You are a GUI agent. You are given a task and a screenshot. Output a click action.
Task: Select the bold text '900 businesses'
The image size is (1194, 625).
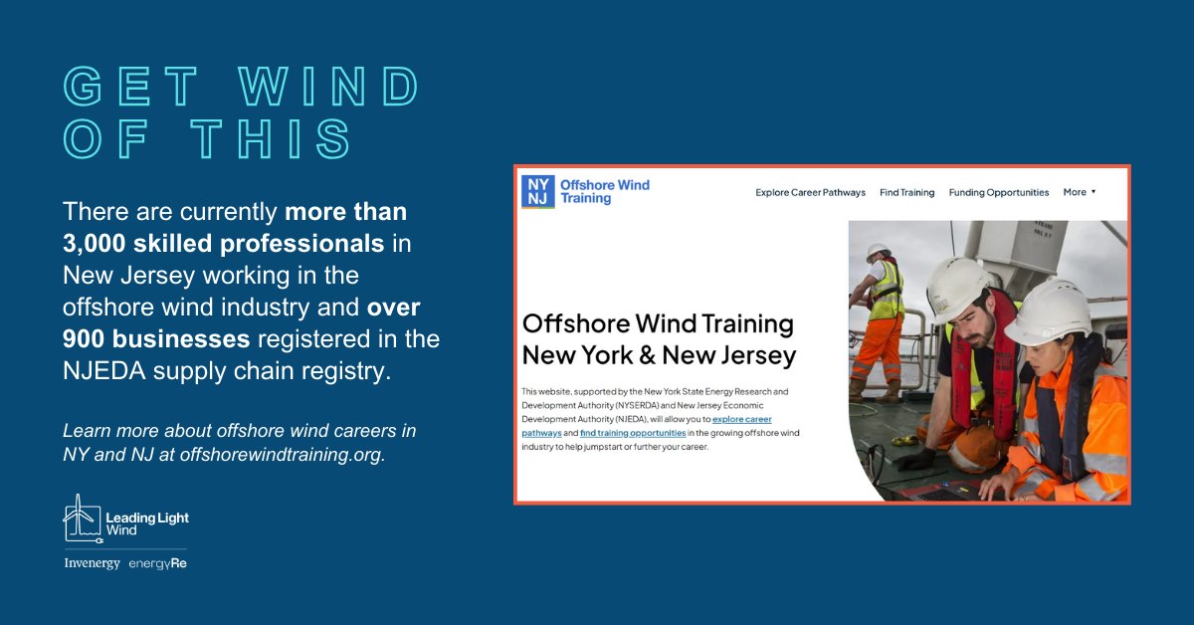[x=155, y=339]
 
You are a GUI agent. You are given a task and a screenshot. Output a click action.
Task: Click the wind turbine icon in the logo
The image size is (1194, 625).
[x=82, y=518]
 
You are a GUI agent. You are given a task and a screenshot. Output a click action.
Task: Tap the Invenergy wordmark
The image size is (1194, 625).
[x=92, y=563]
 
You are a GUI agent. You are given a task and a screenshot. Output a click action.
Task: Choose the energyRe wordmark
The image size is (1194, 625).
[x=157, y=563]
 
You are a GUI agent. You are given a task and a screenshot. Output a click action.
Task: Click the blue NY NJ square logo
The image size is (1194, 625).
[x=538, y=191]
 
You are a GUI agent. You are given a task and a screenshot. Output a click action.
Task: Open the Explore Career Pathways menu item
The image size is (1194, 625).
[x=810, y=192]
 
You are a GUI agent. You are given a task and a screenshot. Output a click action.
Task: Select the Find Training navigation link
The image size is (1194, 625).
[x=906, y=192]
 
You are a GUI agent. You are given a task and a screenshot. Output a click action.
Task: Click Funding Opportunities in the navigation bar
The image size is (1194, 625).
[x=998, y=192]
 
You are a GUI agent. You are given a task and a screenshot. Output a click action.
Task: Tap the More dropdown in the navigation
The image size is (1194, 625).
[x=1079, y=192]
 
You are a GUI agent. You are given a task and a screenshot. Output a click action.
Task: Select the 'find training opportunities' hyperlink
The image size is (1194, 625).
[x=633, y=434]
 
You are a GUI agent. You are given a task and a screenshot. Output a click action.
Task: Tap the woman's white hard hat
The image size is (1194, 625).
[x=1047, y=311]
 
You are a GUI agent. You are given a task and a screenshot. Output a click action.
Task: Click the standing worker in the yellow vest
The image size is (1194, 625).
[x=881, y=318]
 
